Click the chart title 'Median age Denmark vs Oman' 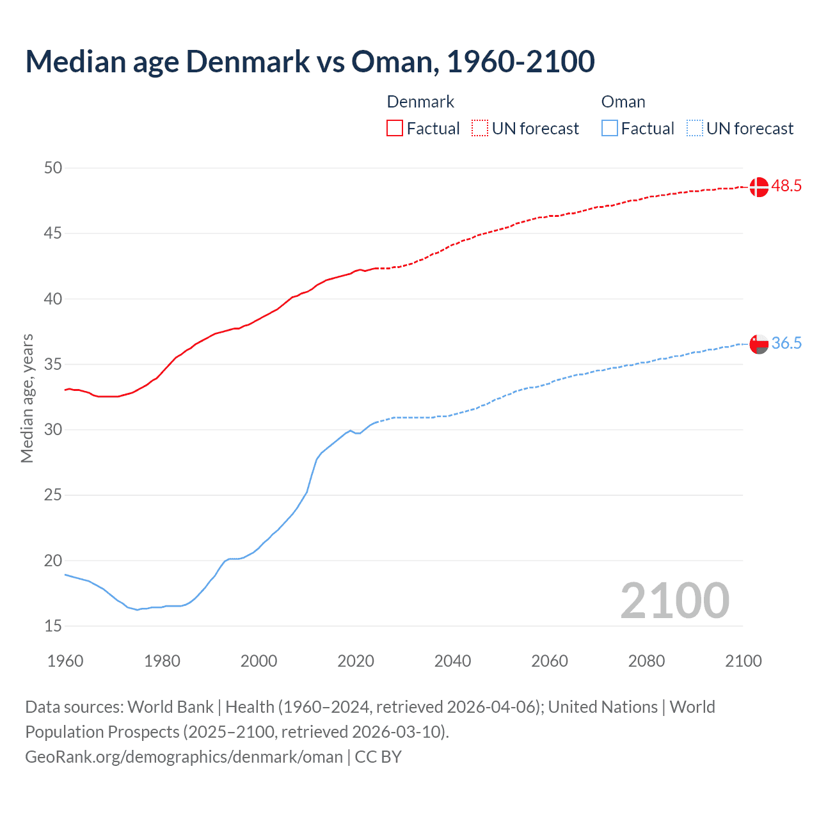(310, 61)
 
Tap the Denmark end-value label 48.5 (786, 186)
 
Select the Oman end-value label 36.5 (786, 344)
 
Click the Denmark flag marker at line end (759, 187)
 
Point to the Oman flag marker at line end (759, 344)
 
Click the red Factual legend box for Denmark (395, 128)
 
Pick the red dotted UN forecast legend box (480, 128)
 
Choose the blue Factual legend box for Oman (609, 128)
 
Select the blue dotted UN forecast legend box (694, 128)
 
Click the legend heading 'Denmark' (420, 102)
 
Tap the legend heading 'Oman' (623, 102)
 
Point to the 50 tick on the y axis (53, 168)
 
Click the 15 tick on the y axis (53, 626)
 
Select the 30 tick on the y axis (53, 429)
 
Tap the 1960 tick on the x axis (65, 661)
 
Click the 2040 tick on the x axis (452, 661)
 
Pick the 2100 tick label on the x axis (743, 661)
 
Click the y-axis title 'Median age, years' (27, 398)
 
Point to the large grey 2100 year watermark (674, 600)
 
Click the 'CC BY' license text (378, 757)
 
